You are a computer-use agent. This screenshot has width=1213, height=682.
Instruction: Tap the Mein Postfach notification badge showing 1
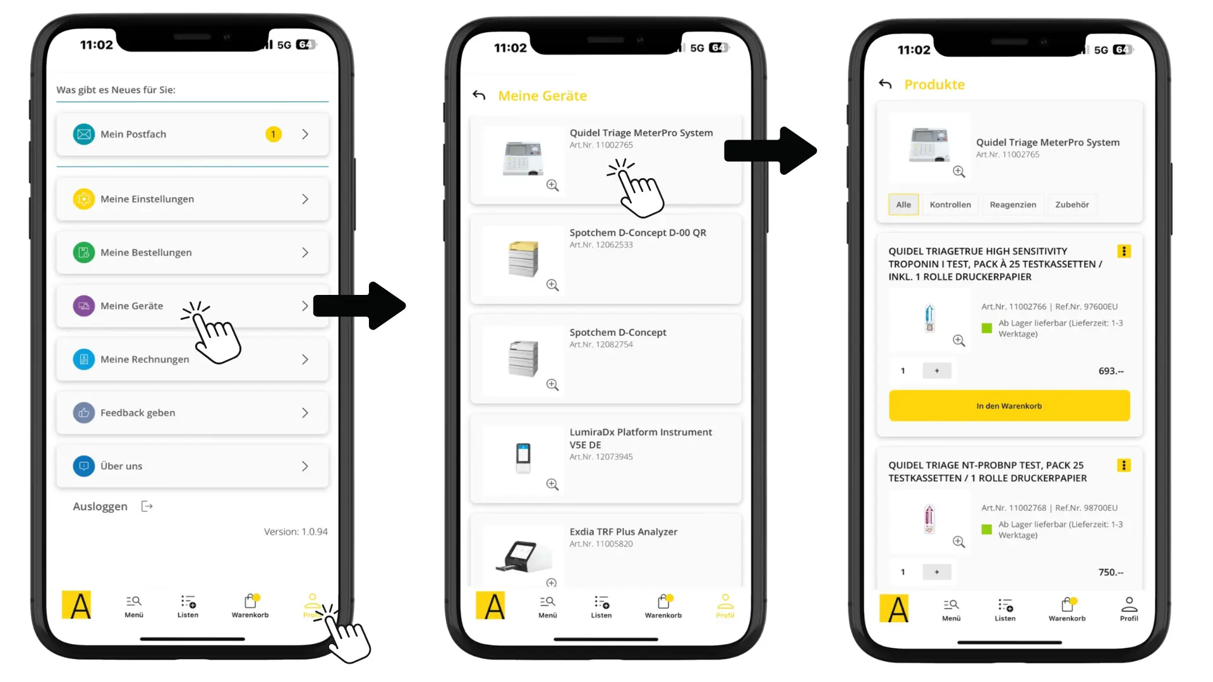click(x=273, y=134)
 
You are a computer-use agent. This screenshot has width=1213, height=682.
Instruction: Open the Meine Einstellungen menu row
click(x=193, y=199)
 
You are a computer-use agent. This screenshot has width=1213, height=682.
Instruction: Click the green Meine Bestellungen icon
click(x=84, y=253)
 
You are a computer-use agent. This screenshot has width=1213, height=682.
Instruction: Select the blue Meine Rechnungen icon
click(x=84, y=359)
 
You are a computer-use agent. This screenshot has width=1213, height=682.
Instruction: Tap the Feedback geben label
click(x=138, y=413)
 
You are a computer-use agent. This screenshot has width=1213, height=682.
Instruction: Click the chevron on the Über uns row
click(x=305, y=466)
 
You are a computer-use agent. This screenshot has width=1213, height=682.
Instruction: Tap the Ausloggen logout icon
click(x=147, y=506)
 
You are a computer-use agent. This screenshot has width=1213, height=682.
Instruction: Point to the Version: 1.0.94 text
click(x=296, y=532)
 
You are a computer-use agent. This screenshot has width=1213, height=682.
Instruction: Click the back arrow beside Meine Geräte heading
click(x=479, y=95)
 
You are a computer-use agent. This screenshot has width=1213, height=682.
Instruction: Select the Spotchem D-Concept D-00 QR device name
click(x=638, y=232)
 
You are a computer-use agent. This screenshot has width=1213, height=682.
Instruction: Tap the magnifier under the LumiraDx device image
click(x=553, y=484)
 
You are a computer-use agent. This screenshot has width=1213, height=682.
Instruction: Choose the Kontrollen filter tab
click(x=950, y=205)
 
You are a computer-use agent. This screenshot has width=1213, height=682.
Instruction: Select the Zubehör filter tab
click(x=1072, y=205)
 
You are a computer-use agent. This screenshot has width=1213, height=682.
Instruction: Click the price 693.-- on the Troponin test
click(x=1111, y=371)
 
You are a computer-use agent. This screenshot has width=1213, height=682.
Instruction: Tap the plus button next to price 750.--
click(x=937, y=572)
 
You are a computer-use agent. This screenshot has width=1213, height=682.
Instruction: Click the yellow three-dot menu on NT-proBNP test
click(x=1124, y=465)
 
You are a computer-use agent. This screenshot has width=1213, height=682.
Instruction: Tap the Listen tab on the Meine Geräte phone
click(x=601, y=607)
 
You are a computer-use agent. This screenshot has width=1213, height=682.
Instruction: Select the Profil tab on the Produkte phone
click(x=1129, y=609)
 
